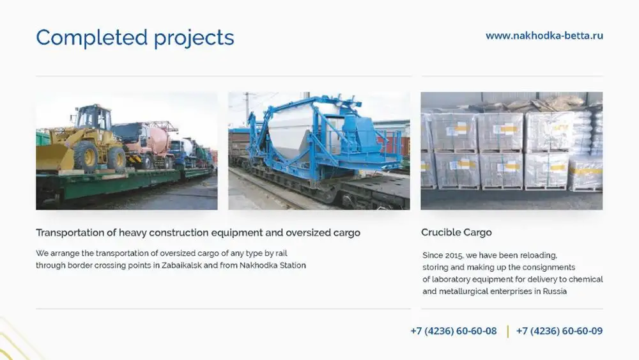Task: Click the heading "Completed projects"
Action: tap(135, 38)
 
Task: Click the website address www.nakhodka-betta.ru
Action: tap(544, 36)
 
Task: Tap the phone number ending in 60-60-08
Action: tap(453, 331)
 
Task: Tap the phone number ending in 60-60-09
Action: tap(559, 331)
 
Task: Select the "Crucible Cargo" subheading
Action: tap(456, 232)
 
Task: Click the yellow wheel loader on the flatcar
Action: tap(83, 141)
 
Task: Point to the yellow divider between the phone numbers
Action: tap(507, 331)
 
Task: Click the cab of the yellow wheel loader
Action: tap(92, 118)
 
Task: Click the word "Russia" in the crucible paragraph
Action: tap(554, 291)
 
